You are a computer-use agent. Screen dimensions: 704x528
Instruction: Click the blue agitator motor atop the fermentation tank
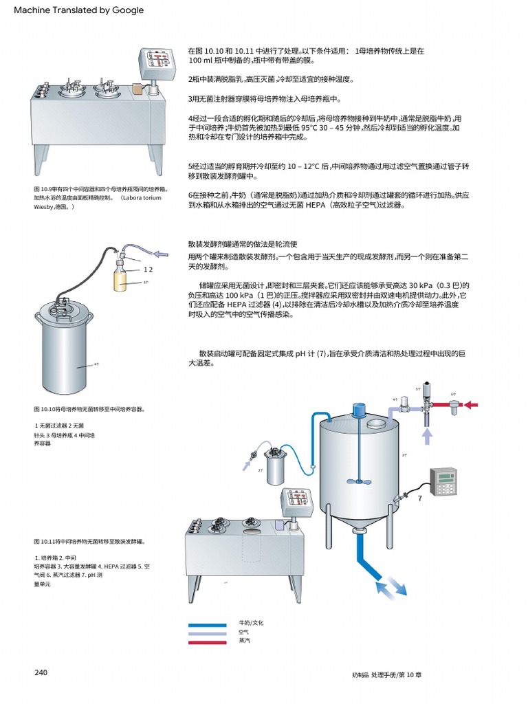[x=358, y=410]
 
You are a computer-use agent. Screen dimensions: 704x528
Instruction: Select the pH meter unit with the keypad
[x=443, y=480]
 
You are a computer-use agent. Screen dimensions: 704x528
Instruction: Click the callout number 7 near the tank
[x=419, y=498]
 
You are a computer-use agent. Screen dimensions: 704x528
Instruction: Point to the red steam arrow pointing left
[x=472, y=405]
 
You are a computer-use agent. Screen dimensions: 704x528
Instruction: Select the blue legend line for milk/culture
[x=207, y=625]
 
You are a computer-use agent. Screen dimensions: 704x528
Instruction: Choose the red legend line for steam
[x=207, y=642]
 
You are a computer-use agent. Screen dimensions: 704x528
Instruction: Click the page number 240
[x=41, y=672]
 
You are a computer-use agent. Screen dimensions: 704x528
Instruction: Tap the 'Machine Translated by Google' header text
[x=79, y=10]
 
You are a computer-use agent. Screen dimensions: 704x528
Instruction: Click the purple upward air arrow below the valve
[x=426, y=436]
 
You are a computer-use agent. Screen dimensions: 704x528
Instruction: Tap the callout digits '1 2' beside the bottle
[x=148, y=269]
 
